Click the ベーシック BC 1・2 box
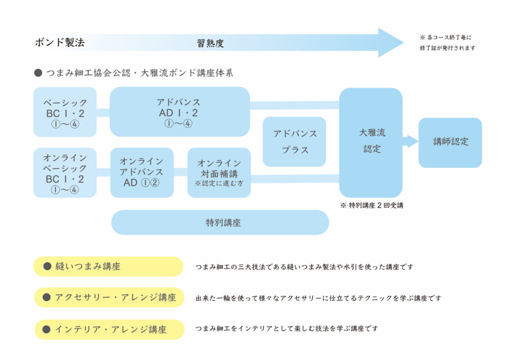(65, 112)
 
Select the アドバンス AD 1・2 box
(180, 112)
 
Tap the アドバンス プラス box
(294, 142)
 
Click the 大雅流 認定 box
(371, 143)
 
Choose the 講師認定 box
(450, 143)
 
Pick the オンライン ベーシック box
(65, 173)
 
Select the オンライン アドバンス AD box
(142, 173)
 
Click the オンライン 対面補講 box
(219, 173)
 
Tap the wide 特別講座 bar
(220, 222)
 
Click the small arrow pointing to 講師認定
(410, 142)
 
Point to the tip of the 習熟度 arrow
(403, 42)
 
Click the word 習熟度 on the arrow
(210, 43)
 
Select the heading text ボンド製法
(60, 42)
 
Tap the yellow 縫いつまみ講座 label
(108, 266)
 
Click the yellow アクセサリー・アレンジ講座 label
(109, 297)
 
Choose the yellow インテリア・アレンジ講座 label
(109, 329)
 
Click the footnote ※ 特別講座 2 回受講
(372, 206)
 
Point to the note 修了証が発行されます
(447, 48)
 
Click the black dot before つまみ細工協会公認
(38, 73)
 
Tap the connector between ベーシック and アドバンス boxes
(103, 112)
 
